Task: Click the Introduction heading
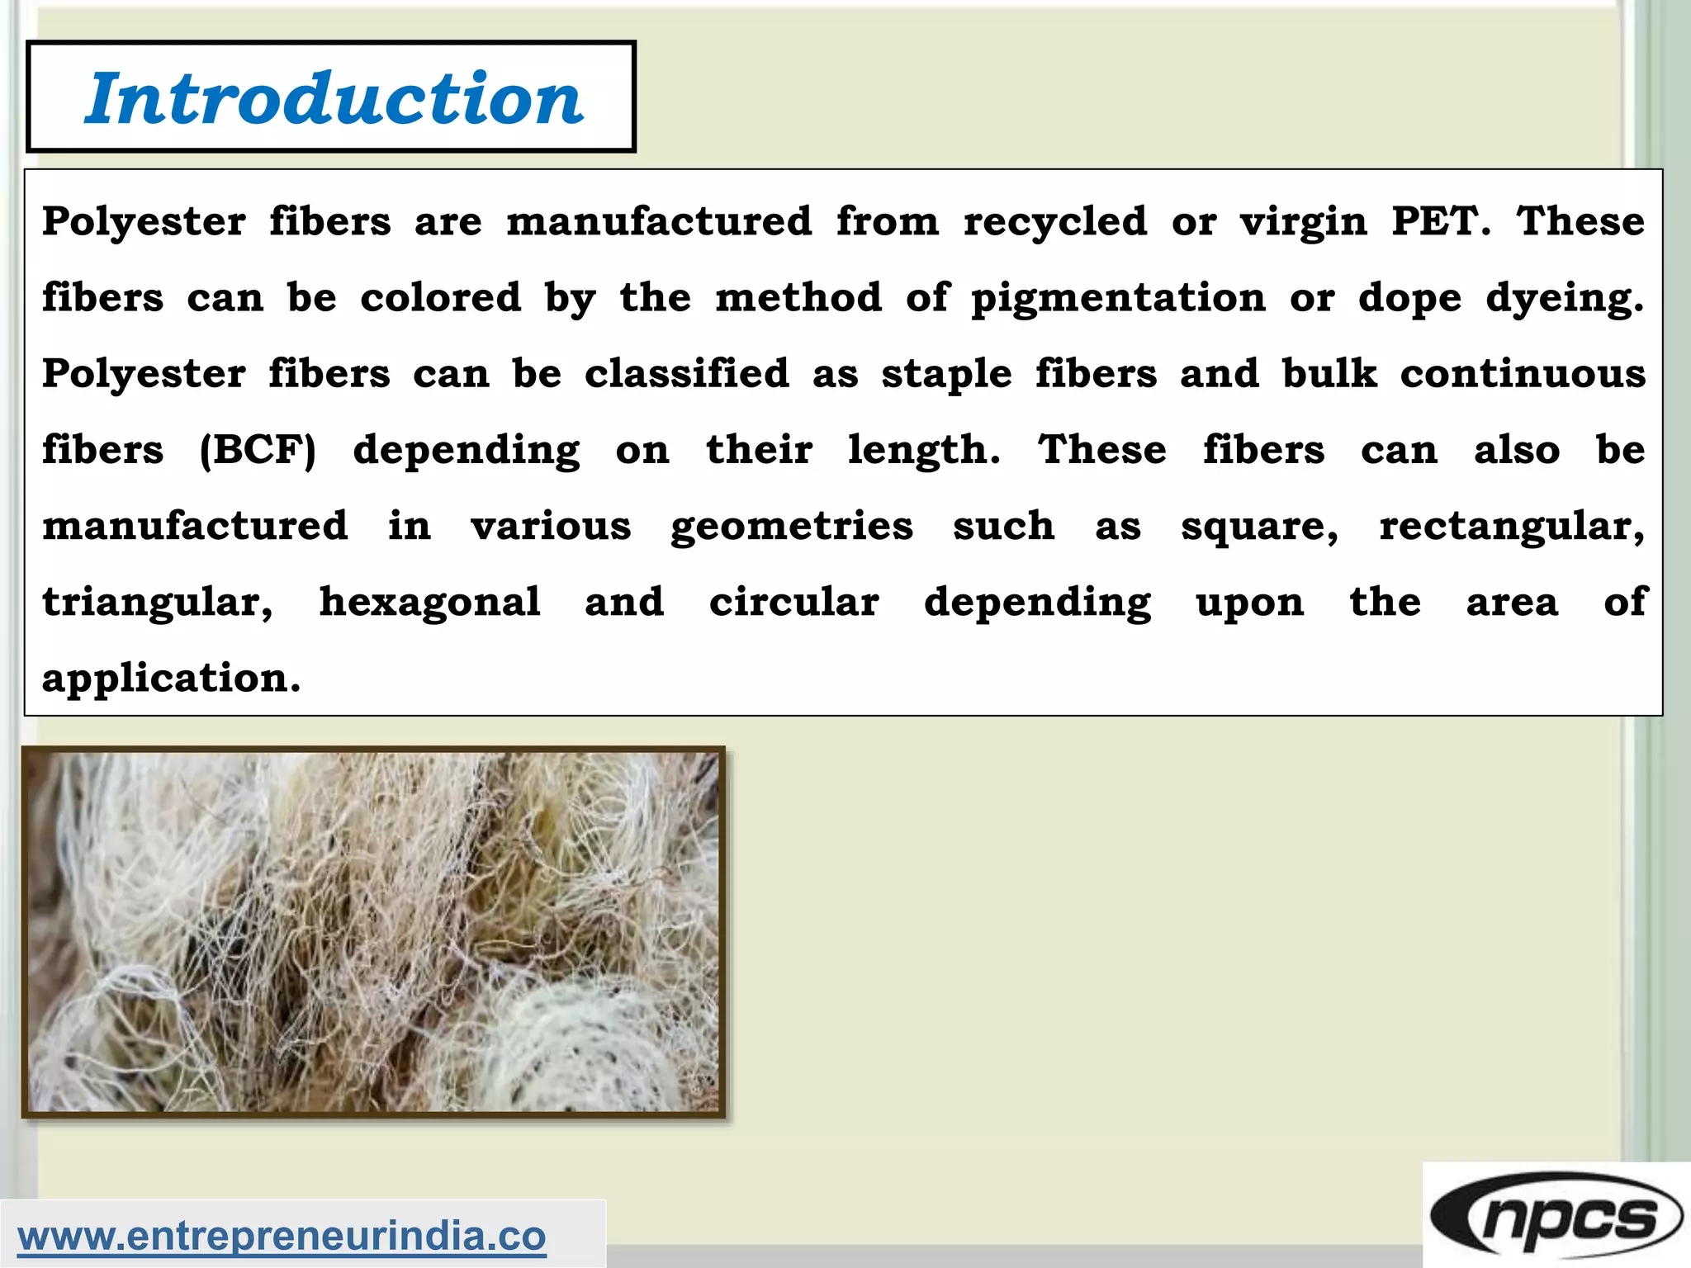[x=334, y=97]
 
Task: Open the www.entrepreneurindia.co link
[x=282, y=1236]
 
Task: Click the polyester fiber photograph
[x=373, y=932]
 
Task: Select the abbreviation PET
[x=1440, y=221]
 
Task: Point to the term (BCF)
[x=258, y=450]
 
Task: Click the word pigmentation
[x=1118, y=298]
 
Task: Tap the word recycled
[x=1055, y=221]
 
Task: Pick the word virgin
[x=1304, y=221]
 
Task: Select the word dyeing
[x=1565, y=298]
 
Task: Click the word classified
[x=687, y=374]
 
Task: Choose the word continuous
[x=1523, y=374]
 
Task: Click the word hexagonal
[x=429, y=603]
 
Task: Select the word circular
[x=794, y=603]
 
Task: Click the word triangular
[x=158, y=603]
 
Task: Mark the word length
[x=924, y=450]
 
